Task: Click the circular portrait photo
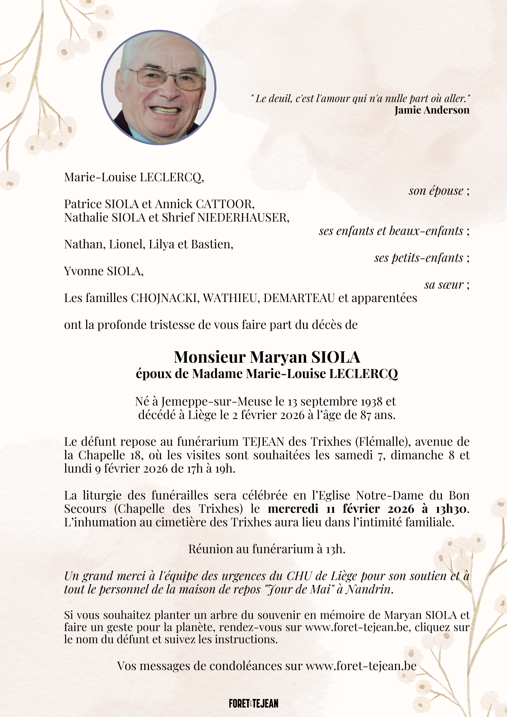159,88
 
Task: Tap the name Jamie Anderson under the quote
432,110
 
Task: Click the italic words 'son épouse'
436,191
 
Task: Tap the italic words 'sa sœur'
444,285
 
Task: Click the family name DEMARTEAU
299,298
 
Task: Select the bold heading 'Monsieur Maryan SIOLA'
267,357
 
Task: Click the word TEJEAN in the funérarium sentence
263,441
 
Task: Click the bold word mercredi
293,509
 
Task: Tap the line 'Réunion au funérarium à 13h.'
267,549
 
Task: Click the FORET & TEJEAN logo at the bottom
253,703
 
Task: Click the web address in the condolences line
361,666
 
